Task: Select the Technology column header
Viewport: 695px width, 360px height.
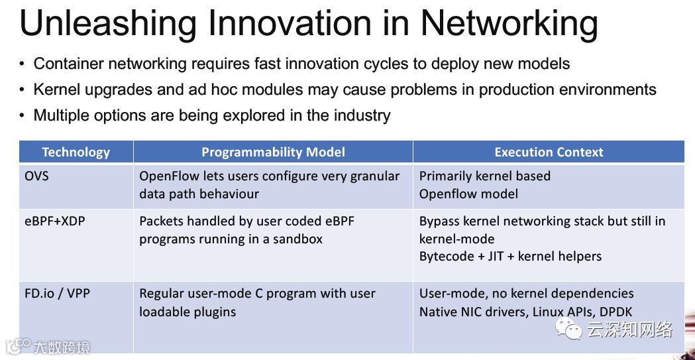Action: tap(76, 152)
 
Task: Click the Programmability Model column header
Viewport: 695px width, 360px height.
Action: tap(273, 152)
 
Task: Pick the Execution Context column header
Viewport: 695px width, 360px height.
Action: tap(549, 152)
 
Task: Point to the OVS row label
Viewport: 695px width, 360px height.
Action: tap(37, 176)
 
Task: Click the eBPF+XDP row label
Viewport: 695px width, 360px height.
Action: tap(54, 221)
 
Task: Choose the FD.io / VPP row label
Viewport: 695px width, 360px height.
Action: tap(57, 294)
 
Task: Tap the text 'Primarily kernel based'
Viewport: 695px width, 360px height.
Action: tap(485, 176)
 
